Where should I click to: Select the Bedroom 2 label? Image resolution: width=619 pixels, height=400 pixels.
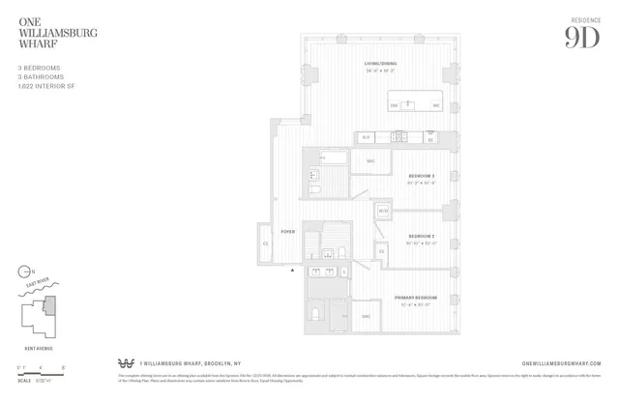(x=421, y=236)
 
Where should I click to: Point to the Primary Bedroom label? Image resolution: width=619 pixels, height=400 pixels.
(x=416, y=297)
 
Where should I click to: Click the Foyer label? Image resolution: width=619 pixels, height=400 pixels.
(x=287, y=233)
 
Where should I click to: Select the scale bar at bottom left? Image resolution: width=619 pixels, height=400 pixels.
(x=38, y=369)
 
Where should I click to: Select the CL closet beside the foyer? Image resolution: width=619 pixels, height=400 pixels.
(x=266, y=243)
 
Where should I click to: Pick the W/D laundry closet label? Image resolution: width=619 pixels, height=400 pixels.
(x=383, y=211)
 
